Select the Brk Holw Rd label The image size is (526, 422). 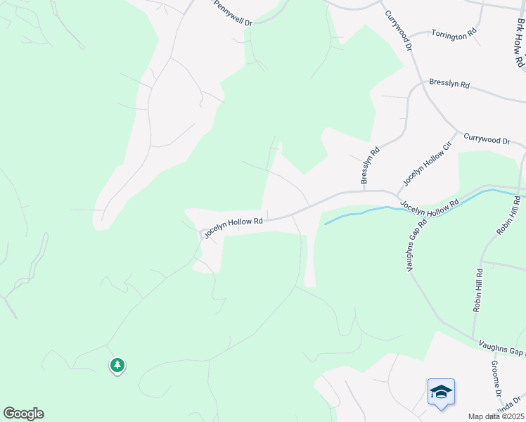click(x=519, y=42)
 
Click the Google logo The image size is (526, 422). click(x=23, y=414)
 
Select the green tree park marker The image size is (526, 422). click(x=117, y=365)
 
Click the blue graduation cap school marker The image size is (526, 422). click(x=441, y=392)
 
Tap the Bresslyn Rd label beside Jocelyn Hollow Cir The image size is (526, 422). click(x=370, y=166)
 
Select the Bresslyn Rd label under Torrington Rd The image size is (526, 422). click(x=449, y=84)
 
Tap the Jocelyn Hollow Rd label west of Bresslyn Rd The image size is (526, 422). click(x=233, y=226)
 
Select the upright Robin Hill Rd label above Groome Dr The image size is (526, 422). click(x=478, y=290)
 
